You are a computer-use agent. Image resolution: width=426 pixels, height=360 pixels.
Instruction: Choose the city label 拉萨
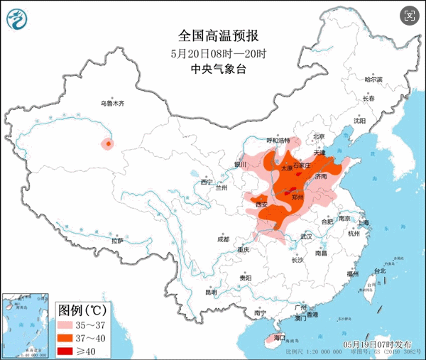[117, 241]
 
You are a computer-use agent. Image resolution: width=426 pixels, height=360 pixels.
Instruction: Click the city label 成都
[223, 239]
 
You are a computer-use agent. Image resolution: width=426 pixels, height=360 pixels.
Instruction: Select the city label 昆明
[211, 291]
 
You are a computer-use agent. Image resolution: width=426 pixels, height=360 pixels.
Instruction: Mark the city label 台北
[379, 271]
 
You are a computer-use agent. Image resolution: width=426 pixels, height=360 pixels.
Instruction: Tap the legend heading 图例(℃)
[82, 310]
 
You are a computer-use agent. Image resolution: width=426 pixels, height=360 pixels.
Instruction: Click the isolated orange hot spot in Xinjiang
[107, 144]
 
